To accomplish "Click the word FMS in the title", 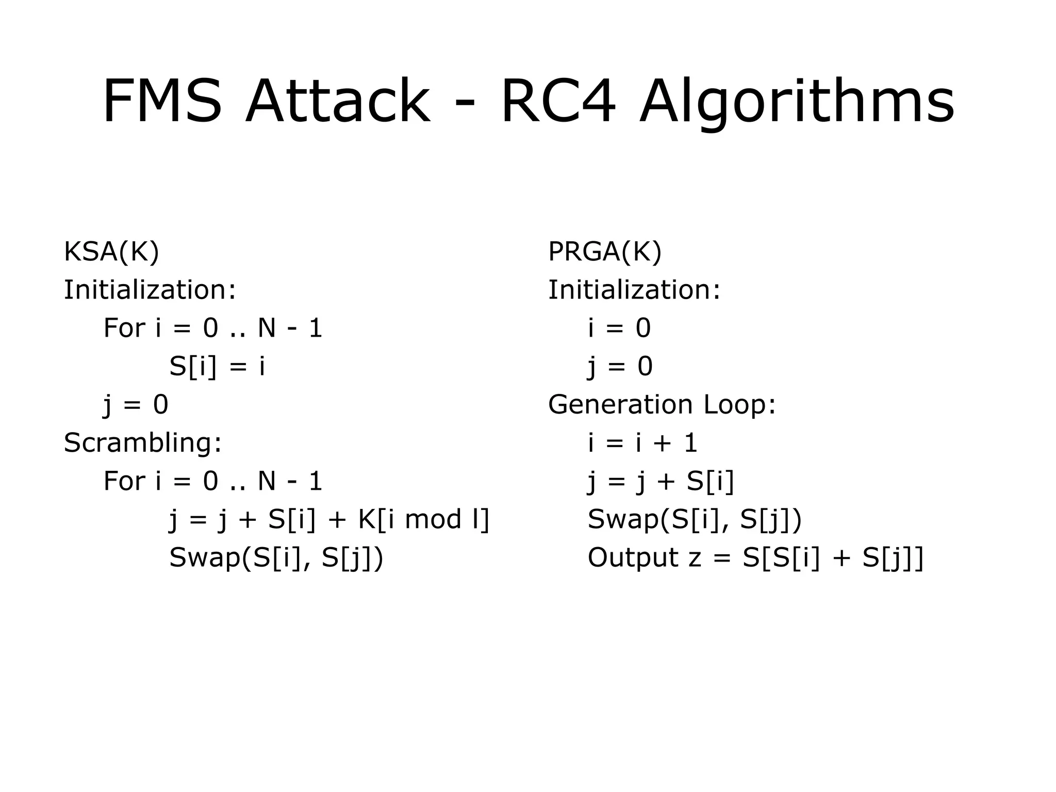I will point(162,101).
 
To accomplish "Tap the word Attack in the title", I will point(338,101).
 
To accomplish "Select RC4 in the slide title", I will point(558,101).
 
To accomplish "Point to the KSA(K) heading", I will point(111,252).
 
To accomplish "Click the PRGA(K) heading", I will point(604,252).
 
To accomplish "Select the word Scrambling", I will point(142,443).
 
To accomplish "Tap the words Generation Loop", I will point(662,404).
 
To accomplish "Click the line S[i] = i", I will point(217,367).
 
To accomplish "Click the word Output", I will point(633,558).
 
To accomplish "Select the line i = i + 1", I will point(642,443).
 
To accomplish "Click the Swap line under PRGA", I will point(695,519).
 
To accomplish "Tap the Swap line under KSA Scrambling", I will point(276,558).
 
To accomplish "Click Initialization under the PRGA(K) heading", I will point(634,290).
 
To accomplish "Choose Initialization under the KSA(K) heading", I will point(150,290).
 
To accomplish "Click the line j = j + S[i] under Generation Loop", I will point(661,482).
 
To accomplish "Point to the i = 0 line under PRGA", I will point(619,328).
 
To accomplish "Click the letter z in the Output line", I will point(695,559).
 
